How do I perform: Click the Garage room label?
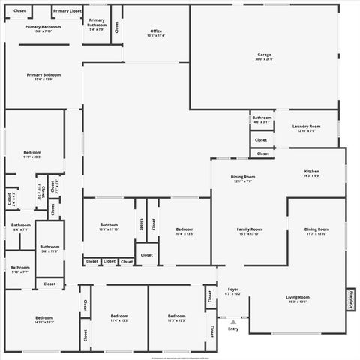click(264, 56)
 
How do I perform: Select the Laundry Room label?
click(306, 128)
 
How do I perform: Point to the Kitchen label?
click(311, 173)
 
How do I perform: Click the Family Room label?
click(249, 231)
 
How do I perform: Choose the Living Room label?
click(298, 298)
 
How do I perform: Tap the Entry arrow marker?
click(233, 322)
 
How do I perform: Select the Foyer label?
click(233, 291)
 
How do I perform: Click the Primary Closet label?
click(67, 11)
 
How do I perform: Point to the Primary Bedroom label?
click(43, 76)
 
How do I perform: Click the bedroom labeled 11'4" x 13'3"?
click(120, 318)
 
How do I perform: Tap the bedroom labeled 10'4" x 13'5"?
click(184, 231)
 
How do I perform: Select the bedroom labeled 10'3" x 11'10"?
click(109, 227)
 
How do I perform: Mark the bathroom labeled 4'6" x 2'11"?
click(262, 119)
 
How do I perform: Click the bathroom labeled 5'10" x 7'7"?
click(20, 269)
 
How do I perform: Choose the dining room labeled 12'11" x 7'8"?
click(243, 178)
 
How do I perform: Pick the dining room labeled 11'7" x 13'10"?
click(316, 231)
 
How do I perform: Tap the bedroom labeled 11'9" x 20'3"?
click(31, 154)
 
